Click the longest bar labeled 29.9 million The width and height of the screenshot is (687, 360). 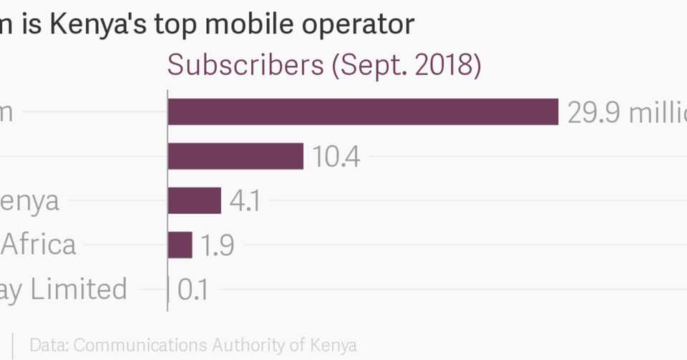point(363,112)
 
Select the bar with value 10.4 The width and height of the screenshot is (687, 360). point(235,156)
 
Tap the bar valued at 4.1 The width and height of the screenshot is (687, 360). point(194,200)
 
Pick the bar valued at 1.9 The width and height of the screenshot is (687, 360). point(180,245)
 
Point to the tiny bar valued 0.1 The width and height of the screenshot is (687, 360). point(168,289)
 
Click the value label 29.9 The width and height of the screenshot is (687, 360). point(595,112)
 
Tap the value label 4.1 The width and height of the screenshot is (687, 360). point(244,201)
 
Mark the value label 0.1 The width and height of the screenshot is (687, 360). point(193,290)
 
